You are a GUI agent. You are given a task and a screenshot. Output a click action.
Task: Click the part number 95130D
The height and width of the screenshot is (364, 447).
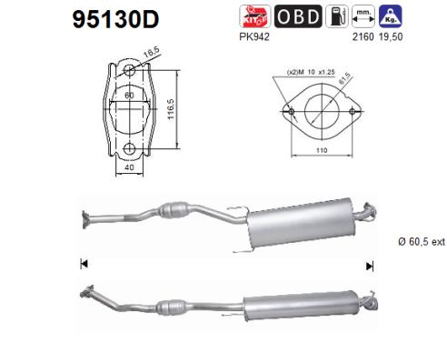pos(115,19)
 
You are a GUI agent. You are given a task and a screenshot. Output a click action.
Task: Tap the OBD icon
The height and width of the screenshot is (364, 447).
pos(298,16)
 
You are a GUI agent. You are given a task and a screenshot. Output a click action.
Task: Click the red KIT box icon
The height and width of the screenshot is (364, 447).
pos(254,16)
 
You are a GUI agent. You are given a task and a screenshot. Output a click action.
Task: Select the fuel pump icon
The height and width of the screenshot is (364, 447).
pos(337,16)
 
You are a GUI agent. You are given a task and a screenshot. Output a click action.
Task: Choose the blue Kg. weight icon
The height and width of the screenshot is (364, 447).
pos(391,16)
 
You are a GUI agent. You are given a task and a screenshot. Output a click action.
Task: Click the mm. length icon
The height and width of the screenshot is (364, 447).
pos(363,16)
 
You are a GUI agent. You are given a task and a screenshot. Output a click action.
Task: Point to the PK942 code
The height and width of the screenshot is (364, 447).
pos(254,37)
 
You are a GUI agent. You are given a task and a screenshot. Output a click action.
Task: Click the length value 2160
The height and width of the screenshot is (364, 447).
pos(363,37)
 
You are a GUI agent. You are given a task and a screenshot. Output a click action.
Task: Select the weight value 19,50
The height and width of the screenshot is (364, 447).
pos(391,37)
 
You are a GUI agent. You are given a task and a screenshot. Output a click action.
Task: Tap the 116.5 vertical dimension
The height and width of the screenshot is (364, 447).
pos(171,109)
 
